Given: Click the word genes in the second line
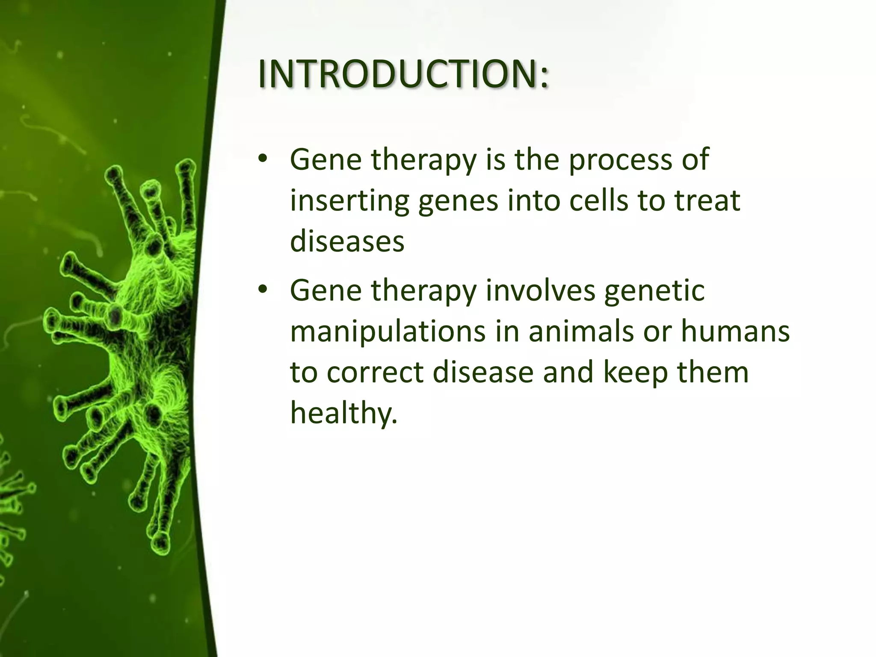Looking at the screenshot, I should (458, 202).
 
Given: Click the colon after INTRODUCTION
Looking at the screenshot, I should (543, 77).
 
